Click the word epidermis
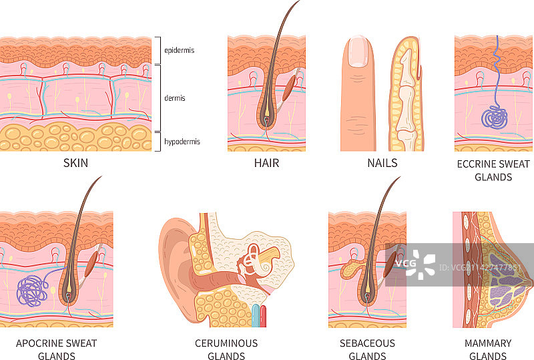point(180,49)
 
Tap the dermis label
point(175,98)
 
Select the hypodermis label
point(182,142)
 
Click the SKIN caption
point(75,163)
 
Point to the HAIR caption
point(266,163)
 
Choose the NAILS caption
point(382,163)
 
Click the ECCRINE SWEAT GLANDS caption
point(493,170)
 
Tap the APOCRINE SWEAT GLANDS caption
point(56,349)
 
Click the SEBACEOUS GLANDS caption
point(367,349)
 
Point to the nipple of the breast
point(530,284)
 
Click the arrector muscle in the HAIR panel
point(290,86)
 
